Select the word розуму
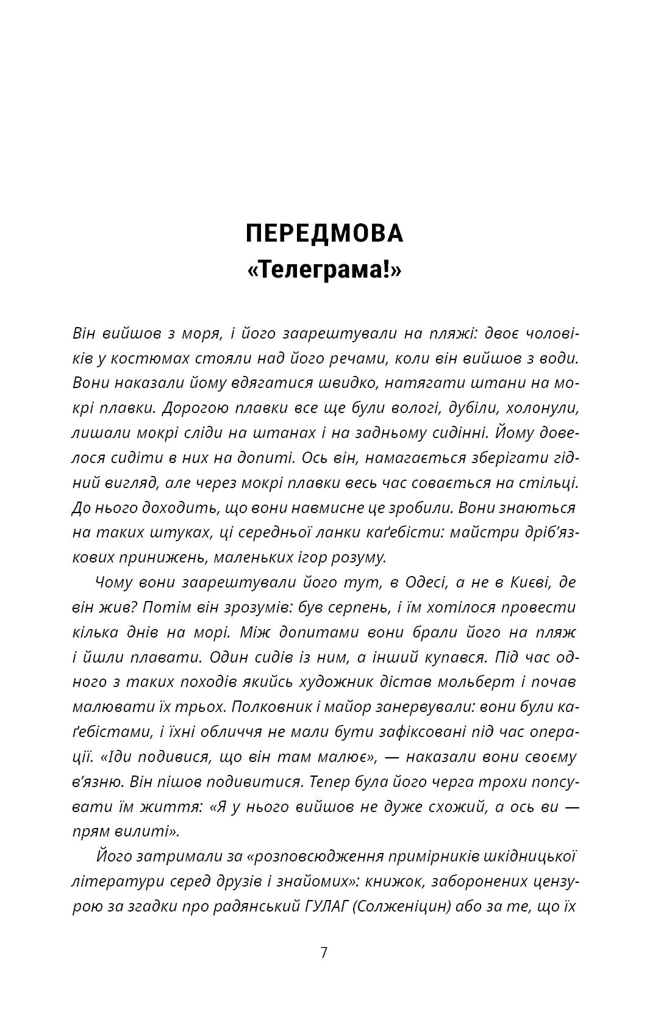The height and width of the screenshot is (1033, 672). click(358, 557)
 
